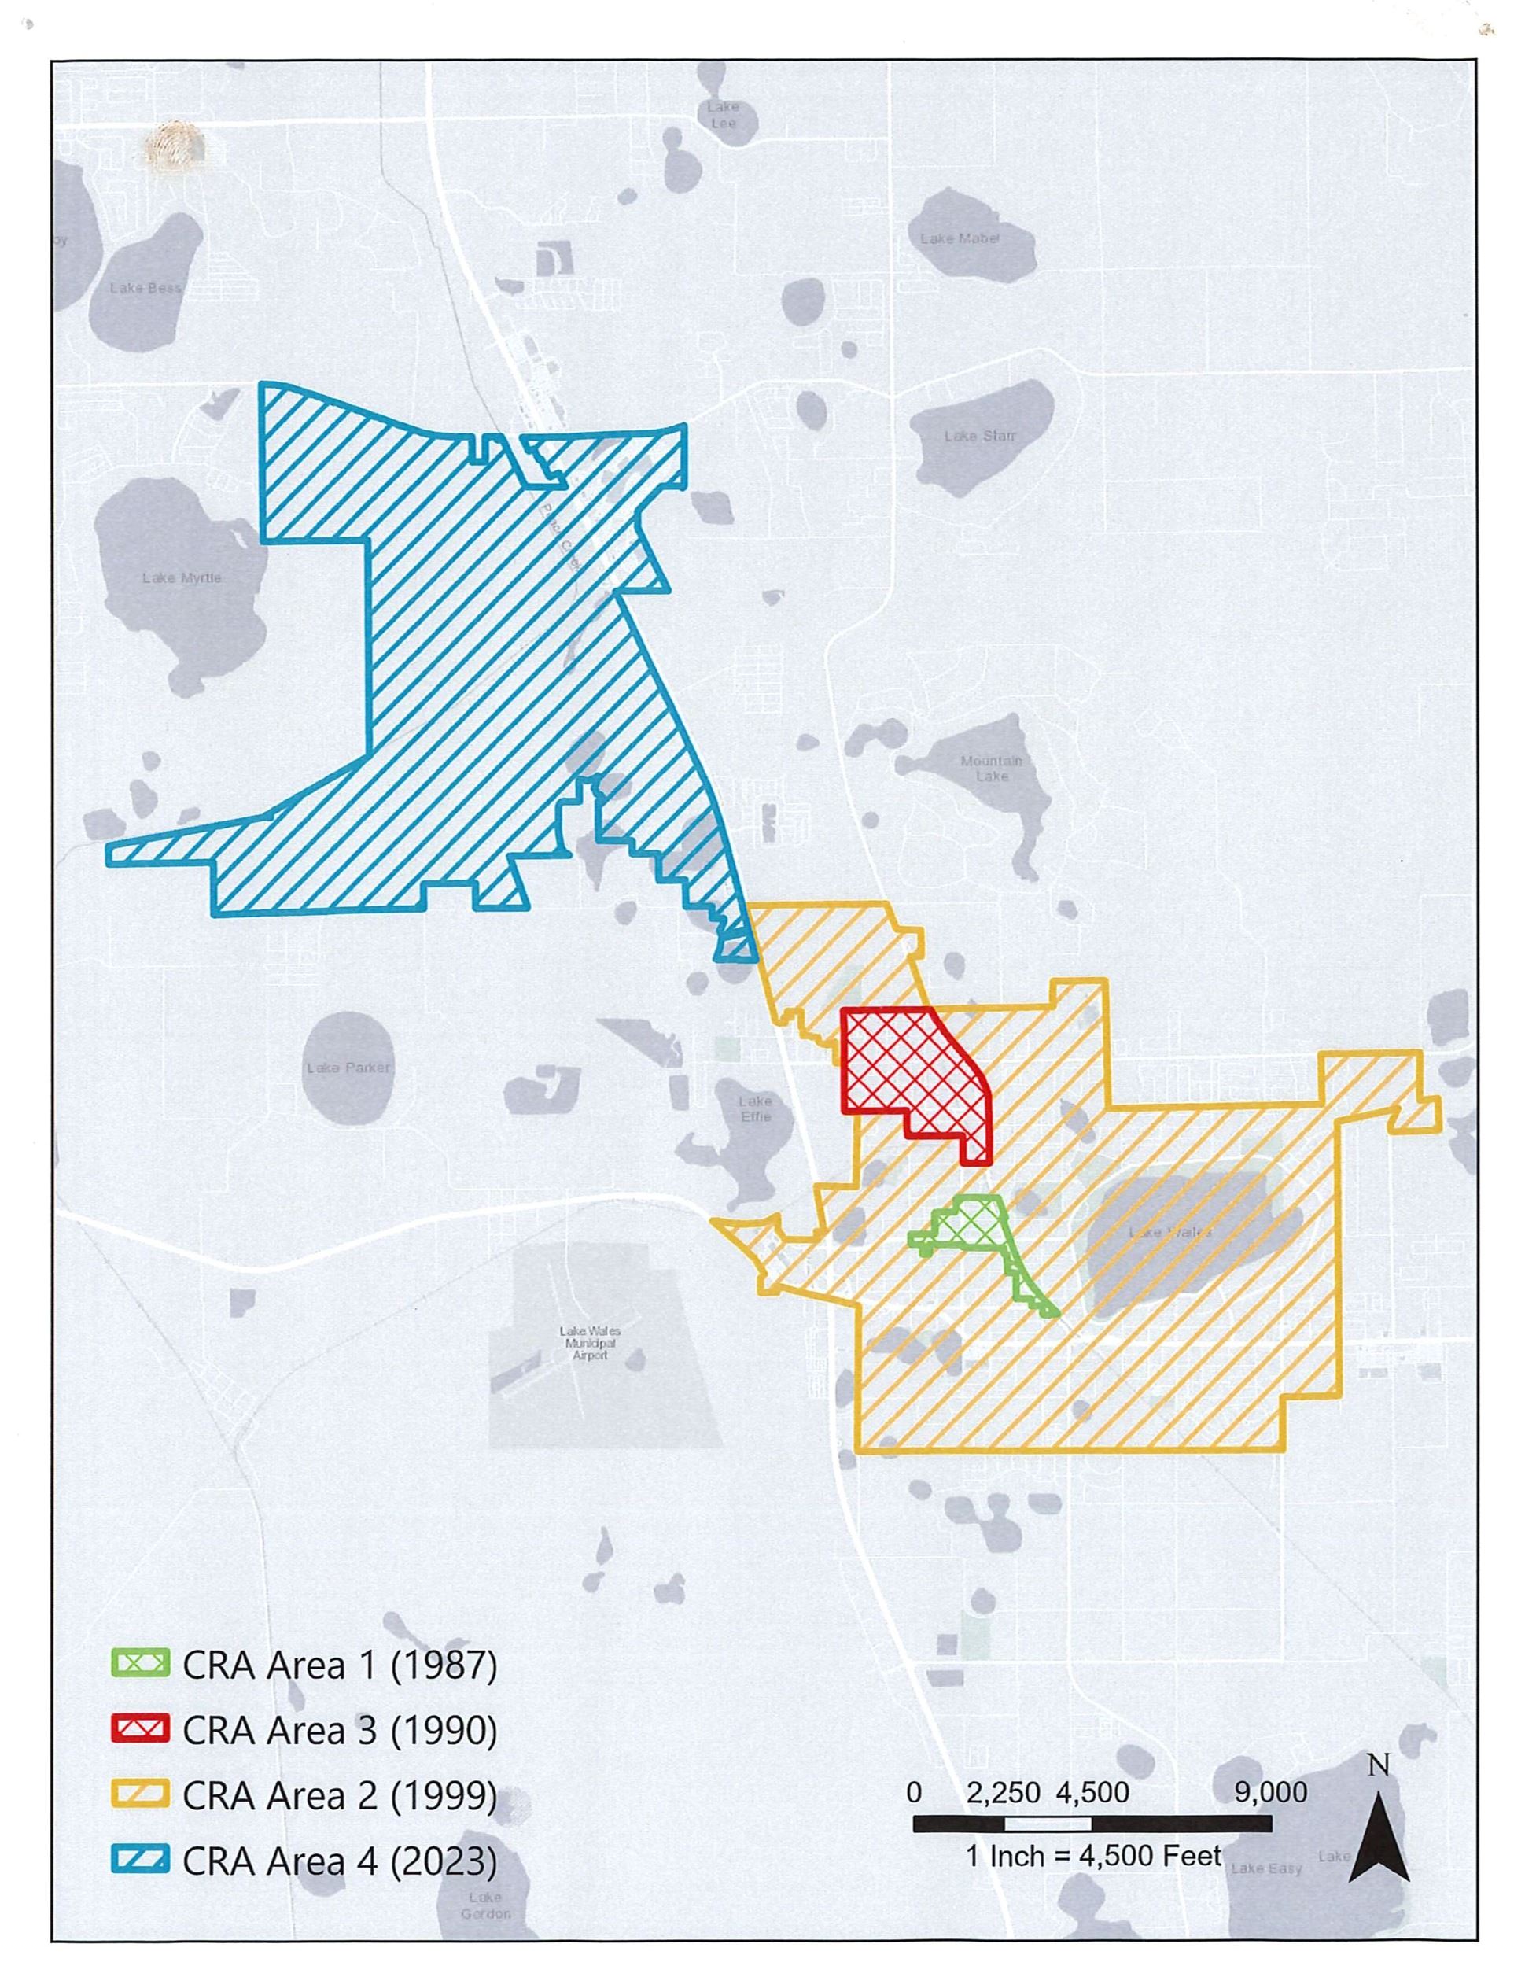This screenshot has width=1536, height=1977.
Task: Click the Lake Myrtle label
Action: pyautogui.click(x=181, y=577)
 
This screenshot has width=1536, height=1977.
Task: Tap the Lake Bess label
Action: pyautogui.click(x=145, y=288)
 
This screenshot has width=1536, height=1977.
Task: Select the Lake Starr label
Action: pyautogui.click(x=979, y=437)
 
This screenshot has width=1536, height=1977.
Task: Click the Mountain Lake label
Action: pyautogui.click(x=991, y=769)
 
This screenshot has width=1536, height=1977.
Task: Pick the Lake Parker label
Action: pyautogui.click(x=348, y=1068)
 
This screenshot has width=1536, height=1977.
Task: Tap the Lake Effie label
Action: pyautogui.click(x=755, y=1109)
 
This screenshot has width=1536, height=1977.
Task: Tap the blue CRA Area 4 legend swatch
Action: pyautogui.click(x=139, y=1861)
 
